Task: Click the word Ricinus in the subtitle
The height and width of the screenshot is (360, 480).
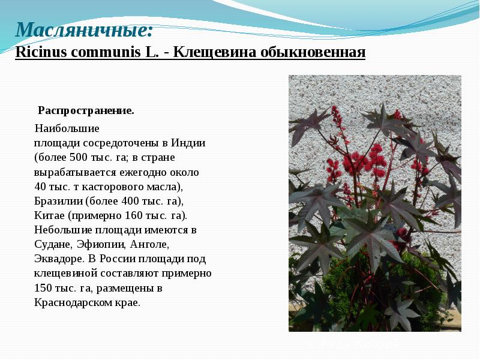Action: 40,52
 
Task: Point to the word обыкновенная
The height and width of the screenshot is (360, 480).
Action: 313,52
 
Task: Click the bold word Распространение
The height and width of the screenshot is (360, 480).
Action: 86,110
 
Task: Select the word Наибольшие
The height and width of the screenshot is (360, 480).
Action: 67,128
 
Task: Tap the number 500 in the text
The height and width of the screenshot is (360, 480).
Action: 79,158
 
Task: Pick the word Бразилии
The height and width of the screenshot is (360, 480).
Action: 59,201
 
